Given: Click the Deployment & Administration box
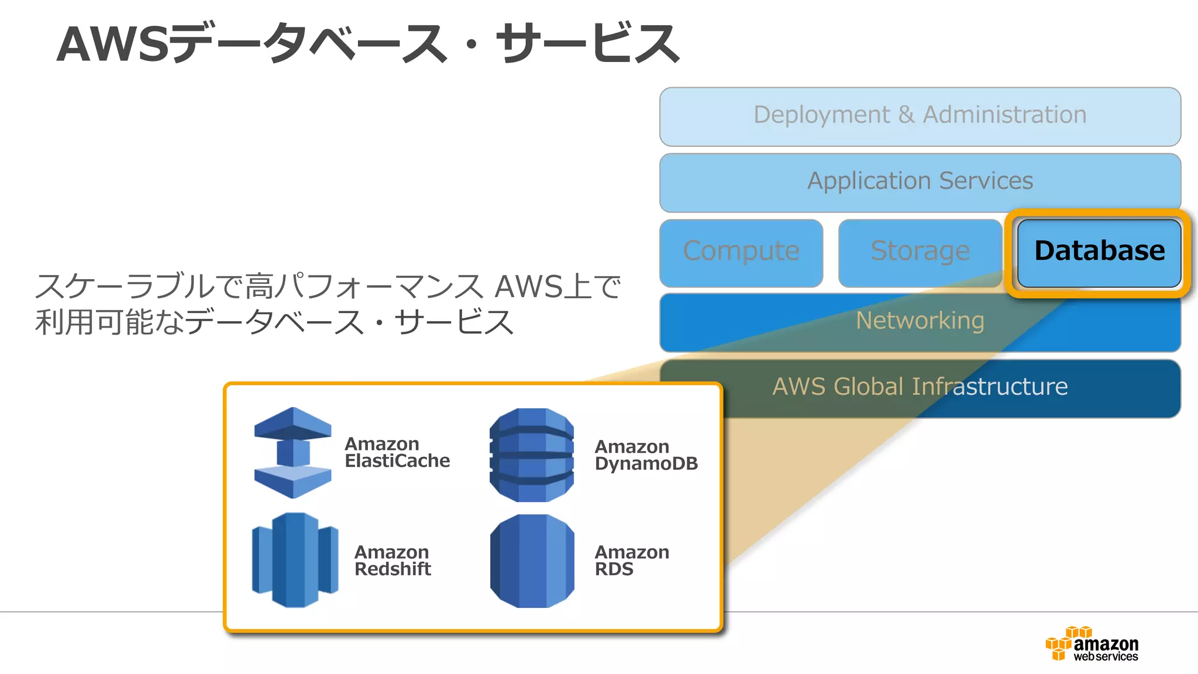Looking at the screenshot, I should point(920,117).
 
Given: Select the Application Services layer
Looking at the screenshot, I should point(920,182).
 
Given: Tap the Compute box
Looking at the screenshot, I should point(741,252).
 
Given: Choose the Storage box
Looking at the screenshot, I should point(920,252).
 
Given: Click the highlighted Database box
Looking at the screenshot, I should point(1099,252).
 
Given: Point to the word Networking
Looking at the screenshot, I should point(920,321).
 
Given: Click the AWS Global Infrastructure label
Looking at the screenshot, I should point(920,387).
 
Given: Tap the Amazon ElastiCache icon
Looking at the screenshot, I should point(292,453).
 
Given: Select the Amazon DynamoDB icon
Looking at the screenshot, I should point(531,455).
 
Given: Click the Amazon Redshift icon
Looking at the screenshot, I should point(295,560).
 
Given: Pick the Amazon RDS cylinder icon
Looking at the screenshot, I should point(531,560).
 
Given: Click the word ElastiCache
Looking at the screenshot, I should point(397,461).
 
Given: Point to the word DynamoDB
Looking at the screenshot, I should point(646,464).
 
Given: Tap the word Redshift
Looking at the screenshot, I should point(393,569).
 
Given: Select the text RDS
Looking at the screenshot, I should point(614,569).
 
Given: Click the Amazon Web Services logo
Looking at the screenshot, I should point(1092,644).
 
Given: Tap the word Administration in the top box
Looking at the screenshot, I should point(1004,115).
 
